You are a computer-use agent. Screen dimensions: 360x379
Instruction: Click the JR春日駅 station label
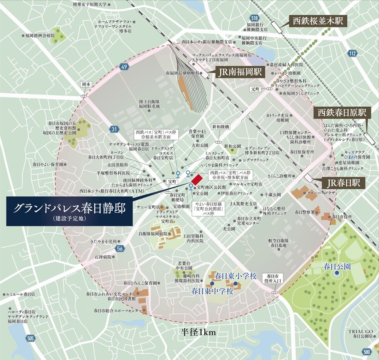pyautogui.click(x=341, y=183)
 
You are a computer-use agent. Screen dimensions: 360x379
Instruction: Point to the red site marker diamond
pyautogui.click(x=197, y=179)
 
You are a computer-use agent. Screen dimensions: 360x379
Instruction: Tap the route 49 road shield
pyautogui.click(x=124, y=67)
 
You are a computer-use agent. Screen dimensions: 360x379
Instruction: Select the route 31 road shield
pyautogui.click(x=113, y=130)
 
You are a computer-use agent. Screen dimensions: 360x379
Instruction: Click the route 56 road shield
pyautogui.click(x=120, y=249)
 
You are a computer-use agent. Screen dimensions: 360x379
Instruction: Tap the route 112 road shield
pyautogui.click(x=352, y=54)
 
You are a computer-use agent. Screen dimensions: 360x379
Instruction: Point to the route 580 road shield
pyautogui.click(x=367, y=351)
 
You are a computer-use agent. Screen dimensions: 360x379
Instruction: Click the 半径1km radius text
pyautogui.click(x=198, y=332)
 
